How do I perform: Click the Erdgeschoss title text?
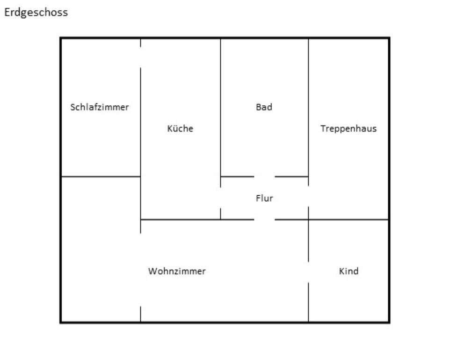click(36, 13)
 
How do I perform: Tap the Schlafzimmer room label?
click(99, 107)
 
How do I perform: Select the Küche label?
click(180, 129)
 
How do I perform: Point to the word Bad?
click(264, 107)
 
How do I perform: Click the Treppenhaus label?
click(348, 129)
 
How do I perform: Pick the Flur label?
click(264, 198)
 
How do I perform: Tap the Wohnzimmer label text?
click(177, 271)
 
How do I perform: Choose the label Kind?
click(348, 271)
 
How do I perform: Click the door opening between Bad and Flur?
click(264, 176)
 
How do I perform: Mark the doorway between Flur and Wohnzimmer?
click(264, 219)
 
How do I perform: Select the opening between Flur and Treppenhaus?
click(308, 191)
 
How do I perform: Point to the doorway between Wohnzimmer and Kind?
click(308, 272)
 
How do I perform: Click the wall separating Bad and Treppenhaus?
click(308, 108)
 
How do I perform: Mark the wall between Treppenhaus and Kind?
click(348, 219)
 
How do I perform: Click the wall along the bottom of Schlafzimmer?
click(101, 176)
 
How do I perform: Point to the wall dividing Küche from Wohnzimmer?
click(180, 219)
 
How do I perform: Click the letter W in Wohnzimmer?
click(152, 271)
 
